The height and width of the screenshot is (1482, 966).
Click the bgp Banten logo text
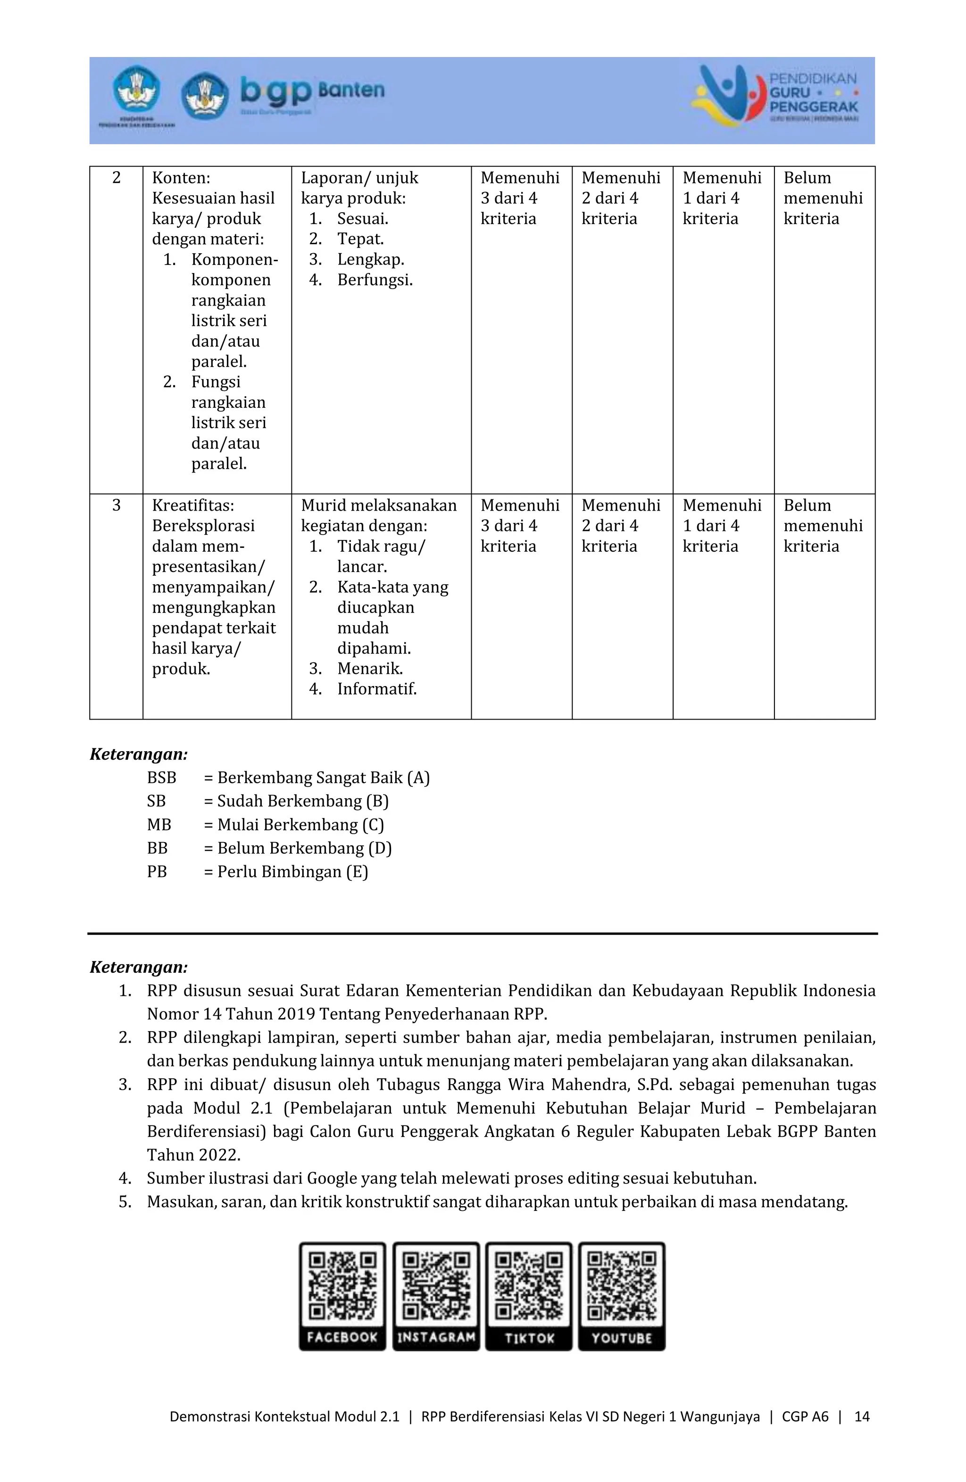[x=311, y=92]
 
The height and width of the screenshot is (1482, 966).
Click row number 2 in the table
[x=117, y=178]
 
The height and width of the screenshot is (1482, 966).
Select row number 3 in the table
[x=117, y=505]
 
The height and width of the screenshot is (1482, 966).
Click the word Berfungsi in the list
[x=375, y=280]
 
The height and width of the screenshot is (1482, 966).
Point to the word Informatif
[x=376, y=689]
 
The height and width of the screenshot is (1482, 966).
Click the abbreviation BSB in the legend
[x=161, y=778]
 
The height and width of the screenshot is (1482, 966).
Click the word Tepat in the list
[x=360, y=239]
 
